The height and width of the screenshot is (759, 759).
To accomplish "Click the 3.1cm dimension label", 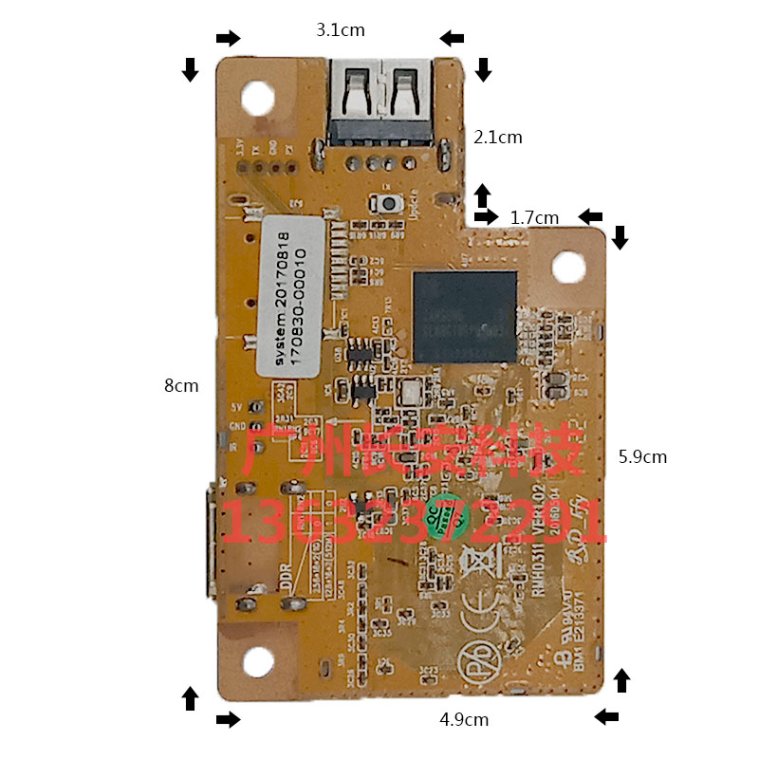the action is (341, 30).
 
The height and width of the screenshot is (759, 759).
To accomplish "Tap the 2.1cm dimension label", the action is (497, 138).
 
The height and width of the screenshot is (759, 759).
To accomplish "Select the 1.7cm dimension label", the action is (534, 217).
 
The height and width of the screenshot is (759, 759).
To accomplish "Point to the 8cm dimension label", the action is (181, 385).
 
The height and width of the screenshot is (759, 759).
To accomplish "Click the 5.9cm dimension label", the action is (642, 456).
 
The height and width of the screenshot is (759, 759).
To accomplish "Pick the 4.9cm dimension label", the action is (464, 719).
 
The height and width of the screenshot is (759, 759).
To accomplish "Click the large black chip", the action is (464, 316).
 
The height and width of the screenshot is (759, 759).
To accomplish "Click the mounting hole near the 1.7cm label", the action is (567, 267).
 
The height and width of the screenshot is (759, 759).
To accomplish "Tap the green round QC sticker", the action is (441, 517).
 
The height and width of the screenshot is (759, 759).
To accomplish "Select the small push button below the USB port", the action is (388, 203).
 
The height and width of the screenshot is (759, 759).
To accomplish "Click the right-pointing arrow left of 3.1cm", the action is (228, 38).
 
